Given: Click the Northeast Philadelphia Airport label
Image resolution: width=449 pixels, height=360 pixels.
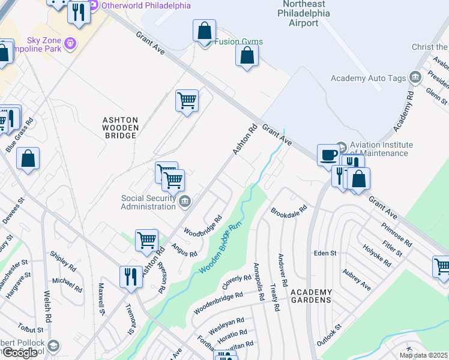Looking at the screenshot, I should click(x=303, y=13).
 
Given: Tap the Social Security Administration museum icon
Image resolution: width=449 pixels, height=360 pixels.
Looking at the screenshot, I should click(x=185, y=201).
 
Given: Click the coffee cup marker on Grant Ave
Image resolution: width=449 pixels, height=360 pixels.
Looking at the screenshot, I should click(x=328, y=155).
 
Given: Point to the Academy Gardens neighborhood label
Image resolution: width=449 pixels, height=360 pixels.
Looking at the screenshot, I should click(x=311, y=296).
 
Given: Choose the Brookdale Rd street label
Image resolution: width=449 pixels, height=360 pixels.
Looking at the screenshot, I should click(x=289, y=212).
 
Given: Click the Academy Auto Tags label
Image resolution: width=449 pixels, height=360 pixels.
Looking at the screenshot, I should click(x=369, y=78).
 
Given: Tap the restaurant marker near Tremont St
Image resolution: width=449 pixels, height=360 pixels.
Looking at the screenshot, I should click(x=130, y=277).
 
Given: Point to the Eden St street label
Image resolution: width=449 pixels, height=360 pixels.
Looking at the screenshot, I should click(x=325, y=253).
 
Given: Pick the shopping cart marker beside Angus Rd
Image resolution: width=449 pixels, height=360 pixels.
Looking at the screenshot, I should click(x=146, y=240).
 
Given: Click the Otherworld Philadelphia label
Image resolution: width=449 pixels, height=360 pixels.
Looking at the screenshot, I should click(x=146, y=5).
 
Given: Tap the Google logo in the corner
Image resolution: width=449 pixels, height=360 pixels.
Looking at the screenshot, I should click(x=19, y=353).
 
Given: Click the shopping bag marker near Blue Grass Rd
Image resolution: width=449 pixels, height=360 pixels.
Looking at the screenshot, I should click(x=28, y=160).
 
